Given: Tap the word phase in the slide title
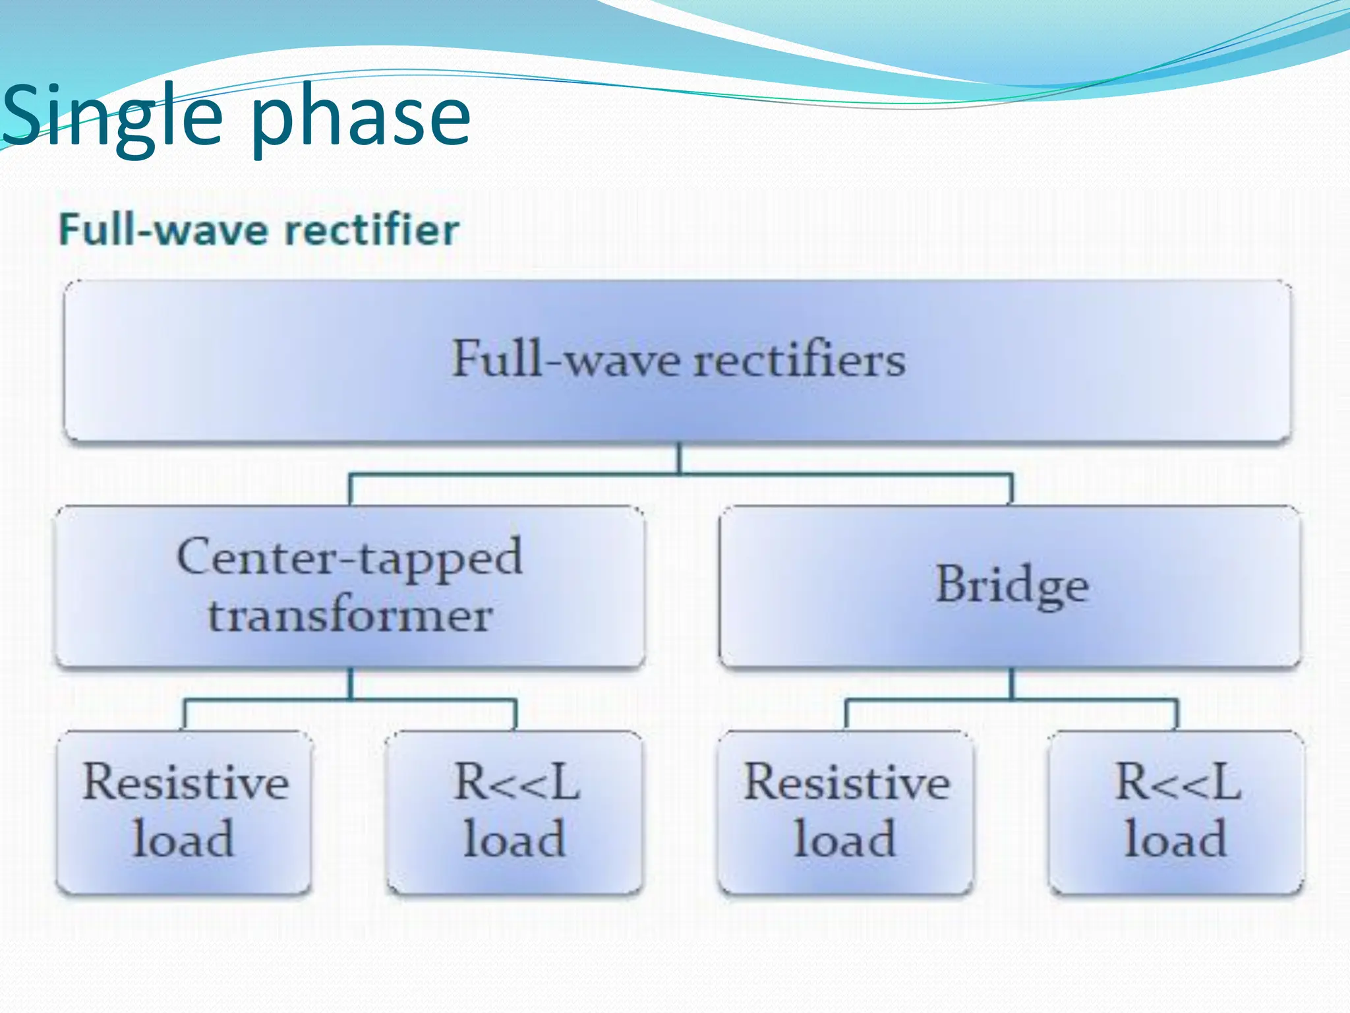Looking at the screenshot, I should [x=361, y=119].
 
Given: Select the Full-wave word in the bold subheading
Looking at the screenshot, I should [x=161, y=230].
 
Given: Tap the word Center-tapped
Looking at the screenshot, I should [x=350, y=558].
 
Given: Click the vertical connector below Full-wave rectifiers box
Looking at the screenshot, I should [x=679, y=458].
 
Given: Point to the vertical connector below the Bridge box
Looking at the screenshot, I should [x=1012, y=683].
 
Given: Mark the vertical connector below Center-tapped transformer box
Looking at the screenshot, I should [x=350, y=683].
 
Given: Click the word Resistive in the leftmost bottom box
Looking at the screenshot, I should [x=185, y=783].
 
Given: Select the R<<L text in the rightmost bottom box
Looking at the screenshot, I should [x=1177, y=783].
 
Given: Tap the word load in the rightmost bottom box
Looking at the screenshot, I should [x=1175, y=840].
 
